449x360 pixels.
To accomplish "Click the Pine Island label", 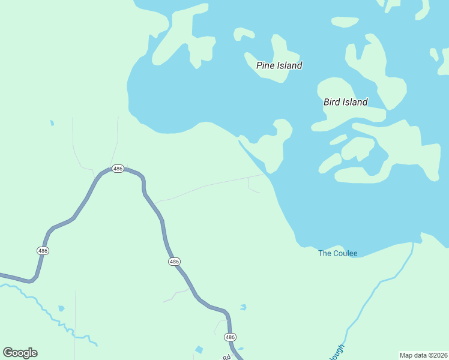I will coord(279,65).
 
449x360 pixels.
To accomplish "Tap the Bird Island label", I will coord(345,102).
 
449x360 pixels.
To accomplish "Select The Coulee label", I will coord(337,253).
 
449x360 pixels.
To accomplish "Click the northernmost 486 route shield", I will coord(118,169).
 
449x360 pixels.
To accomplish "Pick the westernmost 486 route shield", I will coord(43,250).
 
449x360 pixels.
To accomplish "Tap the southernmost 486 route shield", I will coord(230,337).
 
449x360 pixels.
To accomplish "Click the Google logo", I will coord(20,353).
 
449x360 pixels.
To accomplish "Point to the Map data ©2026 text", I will coord(423,355).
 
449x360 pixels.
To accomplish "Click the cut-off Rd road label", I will coord(227,356).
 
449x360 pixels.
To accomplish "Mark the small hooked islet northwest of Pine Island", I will coord(244,34).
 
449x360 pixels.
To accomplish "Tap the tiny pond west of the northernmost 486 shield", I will coord(52,123).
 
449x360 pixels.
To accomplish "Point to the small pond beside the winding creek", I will coord(61,308).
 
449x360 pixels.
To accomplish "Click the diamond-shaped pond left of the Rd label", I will coord(199,349).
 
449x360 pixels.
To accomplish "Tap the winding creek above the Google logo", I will coord(42,306).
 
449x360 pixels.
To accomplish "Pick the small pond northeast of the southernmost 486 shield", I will coord(243,307).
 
